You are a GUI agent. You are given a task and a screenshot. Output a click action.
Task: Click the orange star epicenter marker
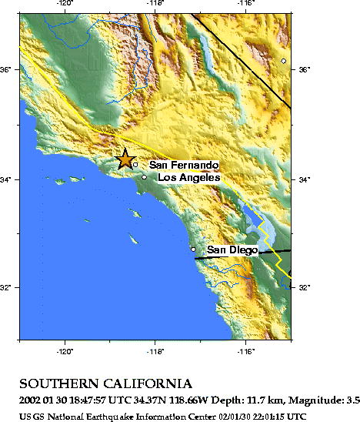[125, 159]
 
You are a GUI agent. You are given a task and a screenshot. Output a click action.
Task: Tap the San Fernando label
[183, 165]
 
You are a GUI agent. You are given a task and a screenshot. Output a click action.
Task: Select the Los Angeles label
[188, 178]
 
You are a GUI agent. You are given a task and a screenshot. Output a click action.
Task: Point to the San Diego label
[232, 250]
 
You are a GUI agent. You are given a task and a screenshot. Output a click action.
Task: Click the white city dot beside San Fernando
[135, 164]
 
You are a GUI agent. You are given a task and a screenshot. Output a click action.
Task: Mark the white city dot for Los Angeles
[144, 177]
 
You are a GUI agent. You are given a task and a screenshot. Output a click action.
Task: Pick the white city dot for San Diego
[193, 250]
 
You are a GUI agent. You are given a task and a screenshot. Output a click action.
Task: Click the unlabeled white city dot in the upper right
[284, 60]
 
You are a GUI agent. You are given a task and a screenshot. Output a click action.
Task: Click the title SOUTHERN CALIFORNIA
[105, 383]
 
